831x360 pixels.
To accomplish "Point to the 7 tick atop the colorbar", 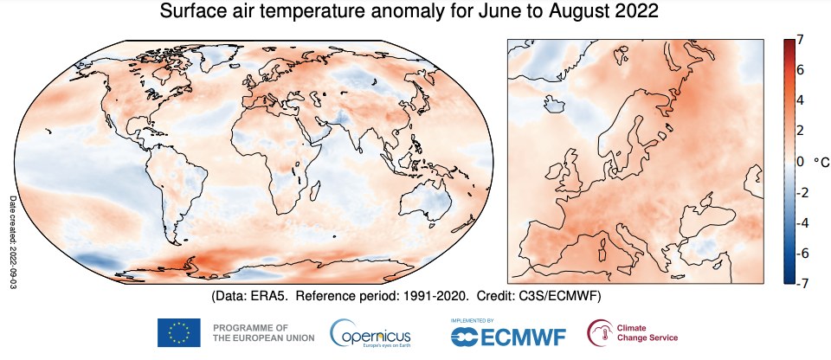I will point(802,40).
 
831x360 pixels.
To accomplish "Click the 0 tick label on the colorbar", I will point(802,161).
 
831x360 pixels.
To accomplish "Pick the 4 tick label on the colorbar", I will point(802,100).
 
